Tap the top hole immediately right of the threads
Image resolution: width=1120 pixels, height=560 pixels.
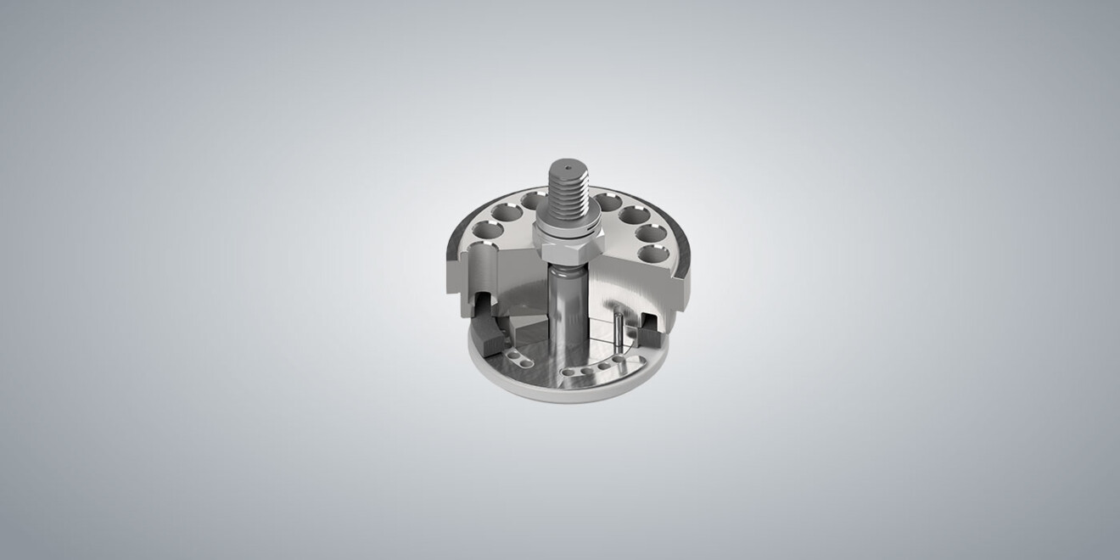[606, 202]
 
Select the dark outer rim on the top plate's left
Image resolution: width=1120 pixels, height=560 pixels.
[451, 242]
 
